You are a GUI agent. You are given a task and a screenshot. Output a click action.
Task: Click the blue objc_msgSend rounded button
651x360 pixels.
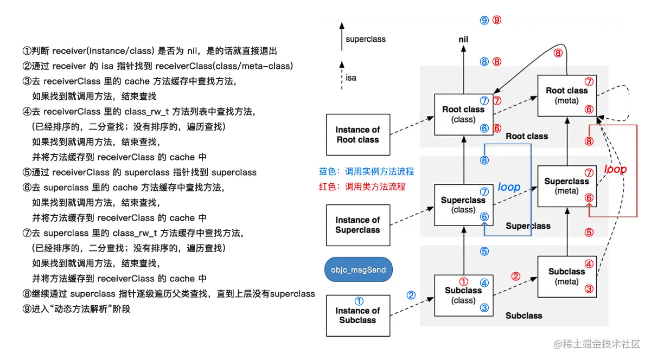click(x=358, y=269)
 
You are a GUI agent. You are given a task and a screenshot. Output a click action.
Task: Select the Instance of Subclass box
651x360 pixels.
click(x=358, y=315)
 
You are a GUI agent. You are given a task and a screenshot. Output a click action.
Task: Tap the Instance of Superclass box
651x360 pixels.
click(x=358, y=224)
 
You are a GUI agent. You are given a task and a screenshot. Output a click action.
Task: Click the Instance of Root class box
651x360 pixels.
click(x=358, y=134)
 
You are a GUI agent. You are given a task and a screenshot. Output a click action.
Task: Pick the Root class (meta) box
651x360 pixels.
click(x=566, y=95)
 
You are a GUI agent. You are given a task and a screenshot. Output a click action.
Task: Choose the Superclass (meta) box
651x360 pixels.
click(x=566, y=186)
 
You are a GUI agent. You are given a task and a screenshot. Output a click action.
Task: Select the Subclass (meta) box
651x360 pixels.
click(x=566, y=276)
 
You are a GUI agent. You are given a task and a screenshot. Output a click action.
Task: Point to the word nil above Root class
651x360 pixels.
click(x=463, y=40)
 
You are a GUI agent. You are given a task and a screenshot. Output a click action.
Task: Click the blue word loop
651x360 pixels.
click(x=509, y=188)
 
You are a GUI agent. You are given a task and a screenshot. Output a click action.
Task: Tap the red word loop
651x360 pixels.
click(x=615, y=169)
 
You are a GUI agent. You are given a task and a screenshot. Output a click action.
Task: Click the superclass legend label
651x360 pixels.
click(x=365, y=39)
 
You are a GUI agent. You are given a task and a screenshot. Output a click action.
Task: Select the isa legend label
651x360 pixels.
click(x=351, y=78)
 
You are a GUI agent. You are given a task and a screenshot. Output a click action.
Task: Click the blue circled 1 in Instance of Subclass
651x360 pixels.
click(x=358, y=301)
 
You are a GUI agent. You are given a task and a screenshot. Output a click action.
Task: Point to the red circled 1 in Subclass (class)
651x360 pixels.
click(x=464, y=281)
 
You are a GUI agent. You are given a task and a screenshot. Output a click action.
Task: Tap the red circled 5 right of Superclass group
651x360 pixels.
click(x=589, y=233)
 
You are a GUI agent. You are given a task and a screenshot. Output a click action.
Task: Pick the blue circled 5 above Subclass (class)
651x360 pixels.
click(x=484, y=252)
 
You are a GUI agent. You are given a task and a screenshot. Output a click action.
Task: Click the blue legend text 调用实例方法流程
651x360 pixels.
click(x=366, y=171)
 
